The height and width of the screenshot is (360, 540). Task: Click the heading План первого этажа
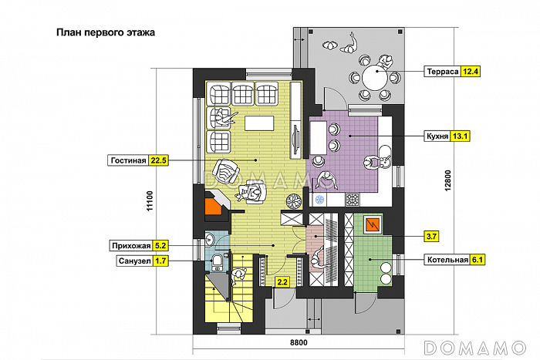point(106,32)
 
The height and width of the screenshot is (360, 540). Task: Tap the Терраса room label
point(442,72)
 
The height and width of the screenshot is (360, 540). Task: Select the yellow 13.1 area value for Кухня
point(460,136)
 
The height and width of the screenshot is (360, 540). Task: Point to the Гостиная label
point(128,160)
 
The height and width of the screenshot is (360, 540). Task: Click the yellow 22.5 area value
point(158,160)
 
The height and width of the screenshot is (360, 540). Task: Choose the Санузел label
point(135,261)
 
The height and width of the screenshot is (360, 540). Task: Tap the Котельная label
point(447,260)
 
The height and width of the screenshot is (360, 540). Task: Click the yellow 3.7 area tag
point(431,237)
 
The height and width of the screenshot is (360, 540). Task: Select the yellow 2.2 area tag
point(282,282)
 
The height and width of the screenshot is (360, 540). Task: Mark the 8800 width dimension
point(299,342)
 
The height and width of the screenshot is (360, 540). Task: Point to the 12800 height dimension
point(447,180)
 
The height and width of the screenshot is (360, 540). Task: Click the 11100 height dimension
point(150,201)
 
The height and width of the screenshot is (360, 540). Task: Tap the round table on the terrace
point(375,77)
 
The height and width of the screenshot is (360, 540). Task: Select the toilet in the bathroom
point(218,261)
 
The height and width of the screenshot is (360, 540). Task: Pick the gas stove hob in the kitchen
point(352,200)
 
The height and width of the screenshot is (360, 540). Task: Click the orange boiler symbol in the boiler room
point(372,225)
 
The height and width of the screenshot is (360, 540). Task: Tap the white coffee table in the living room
point(259,123)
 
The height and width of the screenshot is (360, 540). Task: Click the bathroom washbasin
point(210,239)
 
